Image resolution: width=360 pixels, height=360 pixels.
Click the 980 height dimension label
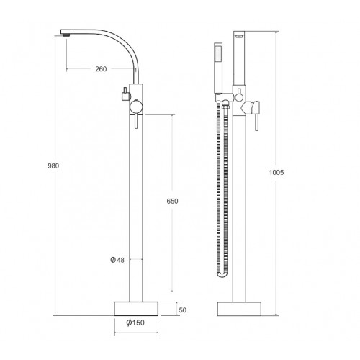pyautogui.click(x=53, y=166)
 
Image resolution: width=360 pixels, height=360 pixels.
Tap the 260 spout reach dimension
pyautogui.click(x=101, y=69)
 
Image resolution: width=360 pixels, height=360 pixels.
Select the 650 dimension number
pyautogui.click(x=172, y=201)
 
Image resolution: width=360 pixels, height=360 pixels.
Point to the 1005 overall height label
pyautogui.click(x=276, y=172)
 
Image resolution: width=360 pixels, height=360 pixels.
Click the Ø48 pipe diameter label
pyautogui.click(x=117, y=260)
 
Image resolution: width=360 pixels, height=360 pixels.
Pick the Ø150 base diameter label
pyautogui.click(x=135, y=323)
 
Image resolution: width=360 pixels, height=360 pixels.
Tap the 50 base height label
pyautogui.click(x=182, y=310)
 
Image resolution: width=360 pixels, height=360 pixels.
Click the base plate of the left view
pyautogui.click(x=136, y=309)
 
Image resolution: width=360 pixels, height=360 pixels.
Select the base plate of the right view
pyautogui.click(x=239, y=309)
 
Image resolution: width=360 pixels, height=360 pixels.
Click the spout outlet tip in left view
pyautogui.click(x=66, y=35)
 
